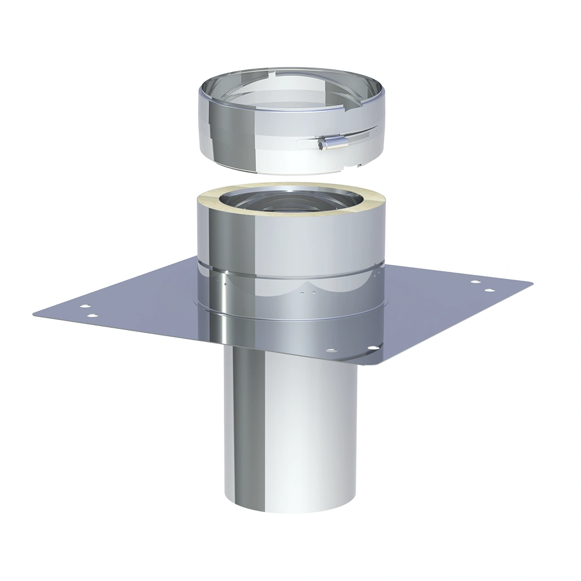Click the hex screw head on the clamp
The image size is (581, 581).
[x=323, y=146]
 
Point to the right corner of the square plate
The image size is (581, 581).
[x=531, y=283]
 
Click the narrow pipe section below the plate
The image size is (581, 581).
[x=291, y=429]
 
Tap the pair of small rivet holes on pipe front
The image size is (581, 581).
[x=305, y=294]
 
